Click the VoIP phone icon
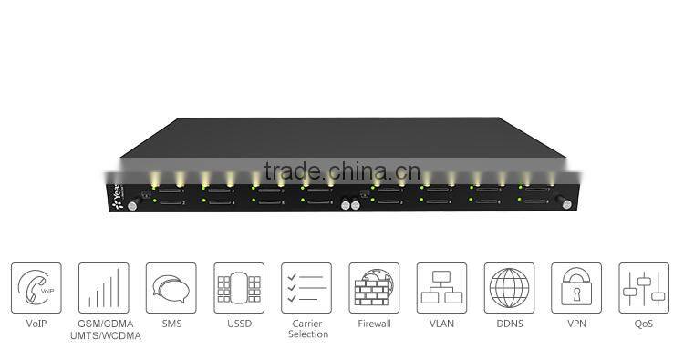(x=36, y=288)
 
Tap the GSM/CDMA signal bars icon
(x=103, y=288)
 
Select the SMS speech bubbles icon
(x=171, y=288)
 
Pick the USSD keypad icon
(x=239, y=288)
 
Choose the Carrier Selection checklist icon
(x=306, y=288)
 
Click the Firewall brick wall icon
(x=373, y=288)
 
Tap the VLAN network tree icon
(x=441, y=288)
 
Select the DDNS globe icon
(x=509, y=288)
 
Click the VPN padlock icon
(x=576, y=288)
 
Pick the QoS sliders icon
(x=644, y=288)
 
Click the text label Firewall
(x=373, y=324)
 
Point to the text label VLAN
(x=441, y=324)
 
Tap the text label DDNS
(x=509, y=324)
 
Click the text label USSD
(x=239, y=324)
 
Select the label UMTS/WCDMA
(x=103, y=336)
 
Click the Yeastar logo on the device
(x=117, y=198)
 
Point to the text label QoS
(x=644, y=324)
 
